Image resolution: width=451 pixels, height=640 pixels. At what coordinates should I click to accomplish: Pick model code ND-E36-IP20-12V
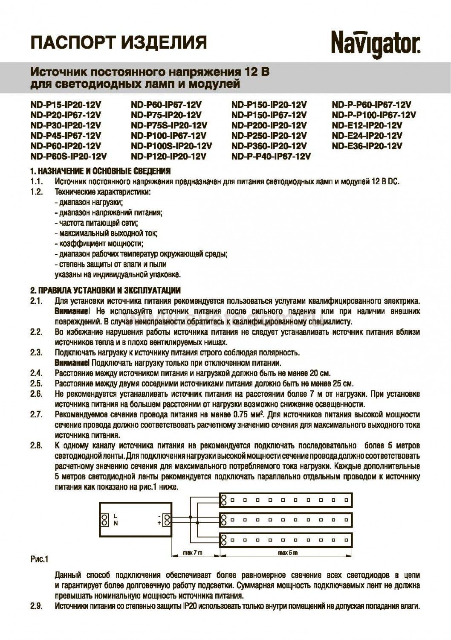coord(367,146)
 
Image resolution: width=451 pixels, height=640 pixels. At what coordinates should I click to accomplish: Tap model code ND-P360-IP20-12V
coord(269,146)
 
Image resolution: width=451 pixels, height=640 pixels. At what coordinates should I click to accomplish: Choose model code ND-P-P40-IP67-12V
coord(271,157)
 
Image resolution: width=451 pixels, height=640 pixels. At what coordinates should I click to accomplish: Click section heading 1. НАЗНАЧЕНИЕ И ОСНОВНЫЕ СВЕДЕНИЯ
coord(101,171)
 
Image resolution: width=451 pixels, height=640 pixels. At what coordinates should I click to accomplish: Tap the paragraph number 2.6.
coord(36,393)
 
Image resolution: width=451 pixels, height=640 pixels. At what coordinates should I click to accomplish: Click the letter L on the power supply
coord(116,516)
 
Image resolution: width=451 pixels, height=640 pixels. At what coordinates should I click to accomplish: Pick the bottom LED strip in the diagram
coord(286,540)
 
